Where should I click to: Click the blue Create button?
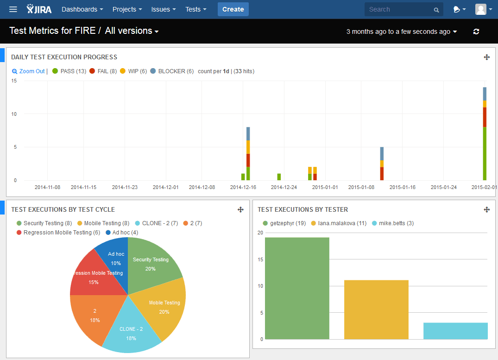point(233,9)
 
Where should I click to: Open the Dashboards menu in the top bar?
point(82,9)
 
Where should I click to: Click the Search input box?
point(398,9)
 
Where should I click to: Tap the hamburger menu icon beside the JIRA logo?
point(13,9)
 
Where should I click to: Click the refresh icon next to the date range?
point(476,32)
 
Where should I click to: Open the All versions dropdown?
point(132,31)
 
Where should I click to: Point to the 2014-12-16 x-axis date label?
point(243,187)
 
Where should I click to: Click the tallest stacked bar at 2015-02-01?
point(485,139)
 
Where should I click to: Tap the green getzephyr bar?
point(297,287)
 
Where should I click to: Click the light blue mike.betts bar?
point(455,331)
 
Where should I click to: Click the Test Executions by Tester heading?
point(303,209)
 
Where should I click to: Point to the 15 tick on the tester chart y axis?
point(260,259)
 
